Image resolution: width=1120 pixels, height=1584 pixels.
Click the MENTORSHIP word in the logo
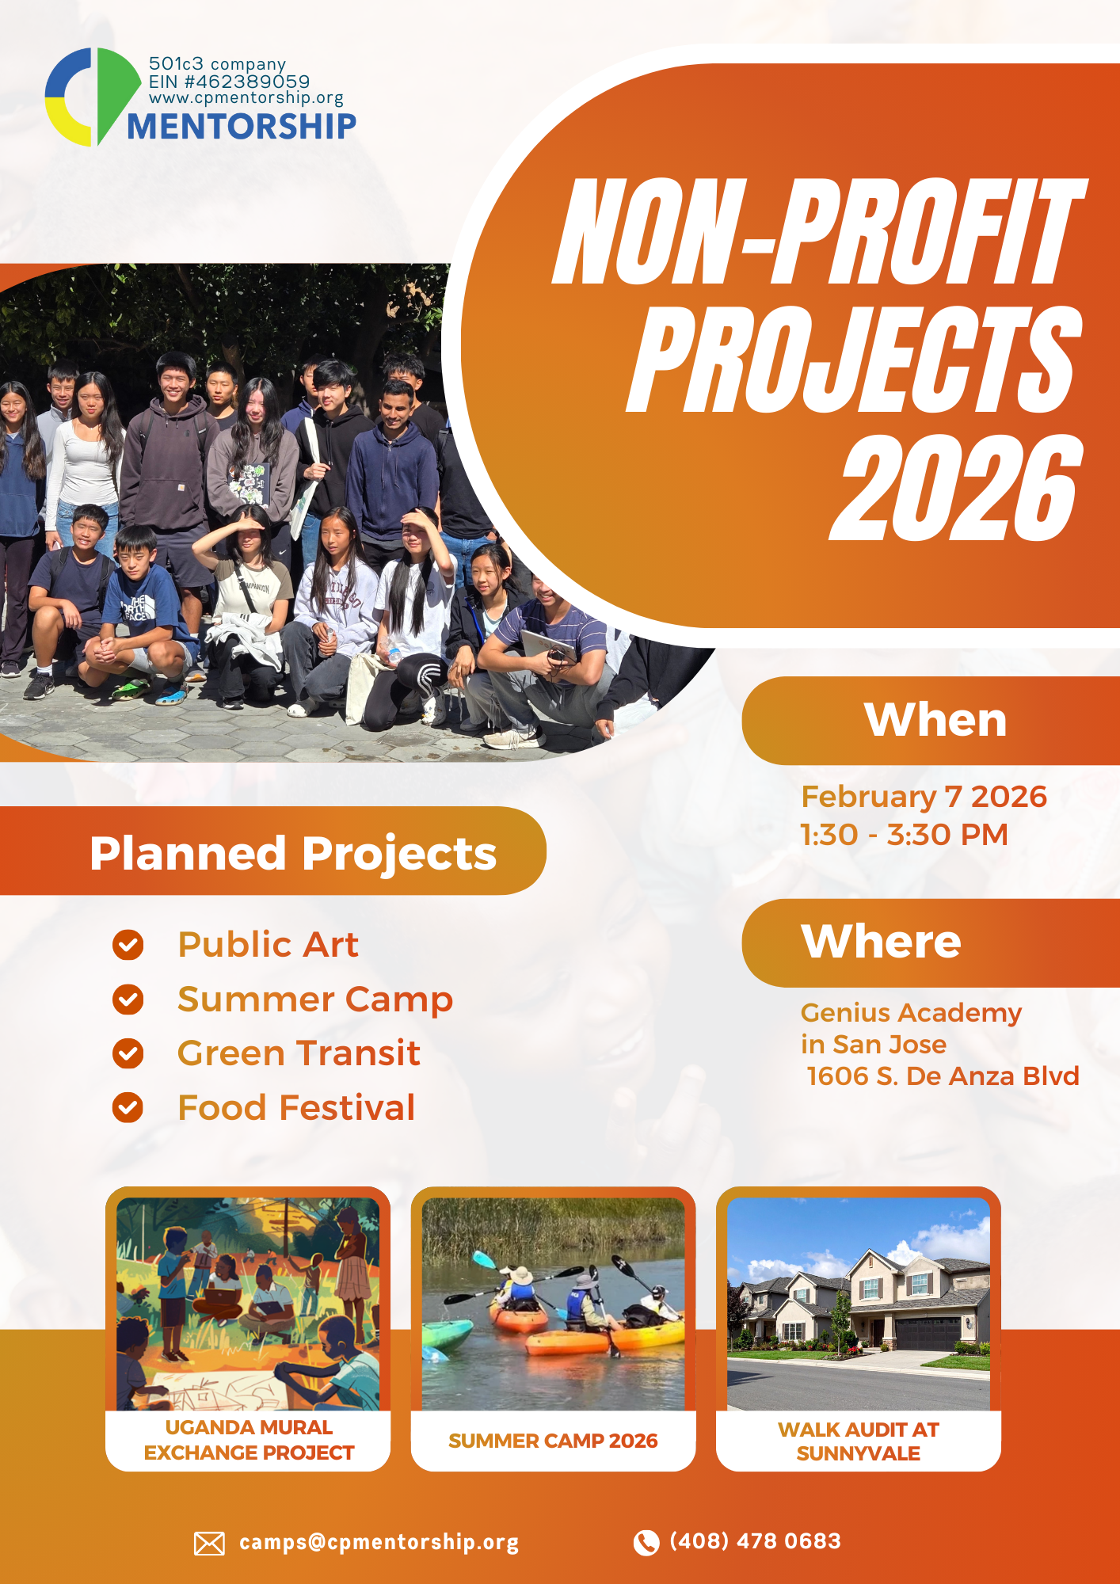pos(242,127)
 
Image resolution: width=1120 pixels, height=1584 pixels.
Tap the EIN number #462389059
pos(229,82)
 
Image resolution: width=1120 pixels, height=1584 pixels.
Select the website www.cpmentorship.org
pos(246,97)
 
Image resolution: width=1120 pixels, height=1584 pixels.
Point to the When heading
pos(935,720)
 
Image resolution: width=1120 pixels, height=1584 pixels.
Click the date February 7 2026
pos(924,797)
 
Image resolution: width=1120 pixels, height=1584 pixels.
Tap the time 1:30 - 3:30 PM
pos(904,835)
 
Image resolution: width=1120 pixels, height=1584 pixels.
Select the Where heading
pos(881,942)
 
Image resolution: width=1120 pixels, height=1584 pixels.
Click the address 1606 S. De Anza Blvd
pos(943,1076)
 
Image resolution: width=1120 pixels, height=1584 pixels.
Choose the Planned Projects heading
pos(293,853)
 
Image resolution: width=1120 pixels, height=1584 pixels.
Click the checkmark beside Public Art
pos(128,945)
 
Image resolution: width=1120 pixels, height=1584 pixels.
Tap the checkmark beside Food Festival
pos(128,1108)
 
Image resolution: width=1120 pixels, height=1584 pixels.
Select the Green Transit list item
pos(299,1053)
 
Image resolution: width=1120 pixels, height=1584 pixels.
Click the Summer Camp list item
pos(315,1000)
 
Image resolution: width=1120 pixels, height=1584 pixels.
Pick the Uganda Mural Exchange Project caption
pos(249,1440)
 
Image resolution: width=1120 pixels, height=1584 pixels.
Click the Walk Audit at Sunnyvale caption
pos(859,1441)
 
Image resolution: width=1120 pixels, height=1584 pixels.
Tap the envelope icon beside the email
pos(209,1543)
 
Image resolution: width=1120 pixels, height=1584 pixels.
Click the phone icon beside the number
pos(646,1542)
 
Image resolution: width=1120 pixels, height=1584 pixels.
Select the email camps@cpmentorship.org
pos(379,1542)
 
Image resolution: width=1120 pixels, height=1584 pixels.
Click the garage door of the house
pos(928,1335)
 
